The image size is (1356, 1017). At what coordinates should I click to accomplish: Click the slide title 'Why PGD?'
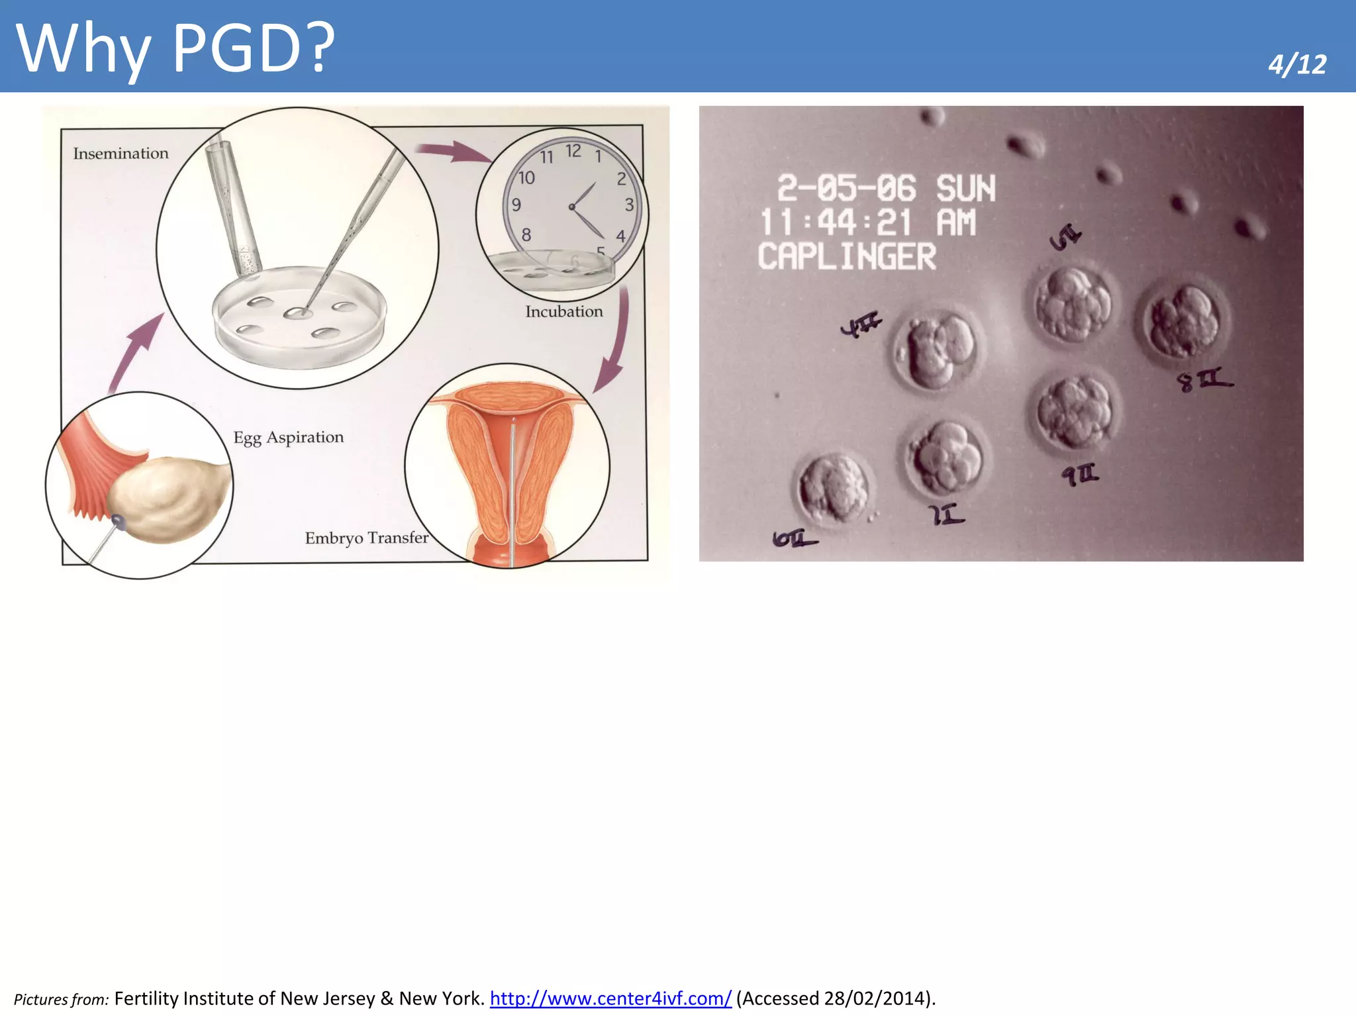click(x=175, y=48)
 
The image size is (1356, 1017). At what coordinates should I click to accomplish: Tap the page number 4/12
click(x=1296, y=65)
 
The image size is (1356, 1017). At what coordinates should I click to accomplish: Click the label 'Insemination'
click(x=121, y=154)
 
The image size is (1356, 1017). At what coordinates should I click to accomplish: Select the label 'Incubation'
click(x=564, y=312)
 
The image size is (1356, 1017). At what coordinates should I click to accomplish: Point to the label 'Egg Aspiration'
click(x=289, y=438)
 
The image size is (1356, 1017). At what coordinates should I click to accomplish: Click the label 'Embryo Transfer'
click(x=366, y=538)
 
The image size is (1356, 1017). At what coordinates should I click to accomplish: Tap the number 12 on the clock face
click(x=573, y=151)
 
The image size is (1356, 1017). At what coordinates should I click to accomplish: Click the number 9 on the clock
click(x=516, y=205)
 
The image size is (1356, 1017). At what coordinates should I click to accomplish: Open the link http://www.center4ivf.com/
click(x=610, y=998)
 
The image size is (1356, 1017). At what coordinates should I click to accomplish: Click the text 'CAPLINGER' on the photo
click(x=847, y=256)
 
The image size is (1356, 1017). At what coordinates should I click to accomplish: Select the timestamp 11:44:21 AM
click(x=867, y=222)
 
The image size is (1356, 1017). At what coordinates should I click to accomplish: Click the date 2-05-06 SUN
click(x=886, y=188)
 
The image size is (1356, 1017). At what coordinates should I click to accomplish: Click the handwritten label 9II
click(x=1080, y=474)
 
